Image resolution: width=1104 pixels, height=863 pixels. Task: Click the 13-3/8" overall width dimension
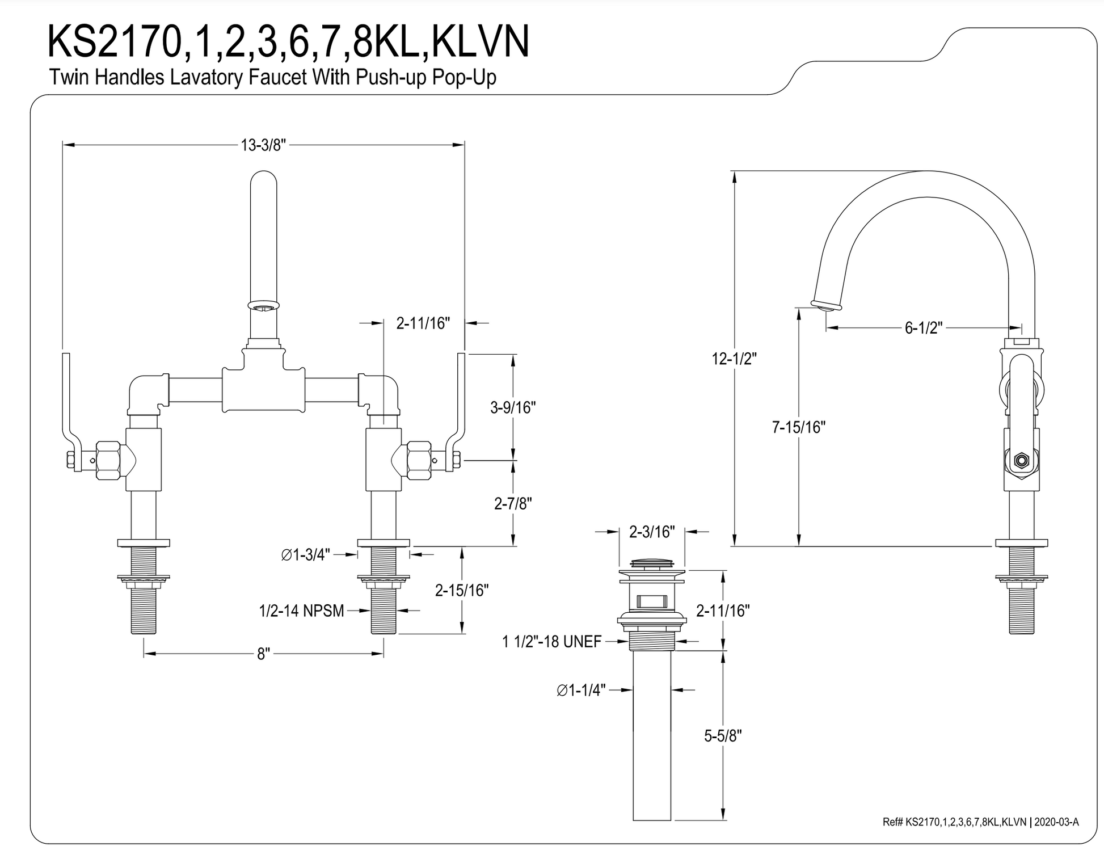[x=263, y=145]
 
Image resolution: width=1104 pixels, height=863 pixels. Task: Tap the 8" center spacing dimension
[x=263, y=654]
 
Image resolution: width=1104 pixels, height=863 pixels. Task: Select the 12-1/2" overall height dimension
[x=734, y=359]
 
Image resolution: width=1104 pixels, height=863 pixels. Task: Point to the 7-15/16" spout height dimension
[x=798, y=427]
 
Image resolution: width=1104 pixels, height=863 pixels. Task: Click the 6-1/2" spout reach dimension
[x=923, y=328]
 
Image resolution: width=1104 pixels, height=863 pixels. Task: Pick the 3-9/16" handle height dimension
[x=513, y=407]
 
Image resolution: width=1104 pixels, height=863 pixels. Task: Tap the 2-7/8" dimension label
[x=513, y=503]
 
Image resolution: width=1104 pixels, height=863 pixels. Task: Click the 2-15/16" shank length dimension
[x=462, y=590]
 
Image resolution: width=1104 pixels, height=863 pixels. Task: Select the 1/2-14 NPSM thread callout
[x=301, y=611]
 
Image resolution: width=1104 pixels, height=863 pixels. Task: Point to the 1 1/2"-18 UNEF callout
[x=551, y=642]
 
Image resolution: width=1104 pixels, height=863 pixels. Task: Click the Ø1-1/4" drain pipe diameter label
[x=582, y=690]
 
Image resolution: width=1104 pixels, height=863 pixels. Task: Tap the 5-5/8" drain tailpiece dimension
[x=723, y=736]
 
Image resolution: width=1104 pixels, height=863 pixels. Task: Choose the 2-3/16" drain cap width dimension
[x=652, y=532]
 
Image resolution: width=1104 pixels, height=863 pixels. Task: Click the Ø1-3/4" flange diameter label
[x=305, y=554]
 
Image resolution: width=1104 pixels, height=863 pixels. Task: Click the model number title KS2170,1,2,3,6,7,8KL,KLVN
[x=288, y=41]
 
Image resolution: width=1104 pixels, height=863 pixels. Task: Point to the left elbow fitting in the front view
[x=146, y=393]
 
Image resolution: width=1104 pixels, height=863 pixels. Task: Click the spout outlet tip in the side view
[x=825, y=306]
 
